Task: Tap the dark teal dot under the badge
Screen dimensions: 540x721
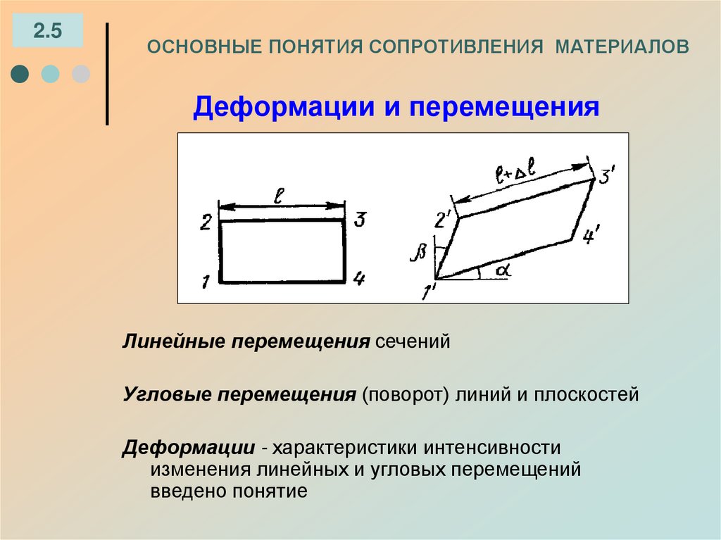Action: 21,74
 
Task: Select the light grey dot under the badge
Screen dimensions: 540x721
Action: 81,74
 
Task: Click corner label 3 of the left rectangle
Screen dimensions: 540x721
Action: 359,221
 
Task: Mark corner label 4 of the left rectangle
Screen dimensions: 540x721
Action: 359,280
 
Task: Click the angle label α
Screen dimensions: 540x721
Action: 501,270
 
